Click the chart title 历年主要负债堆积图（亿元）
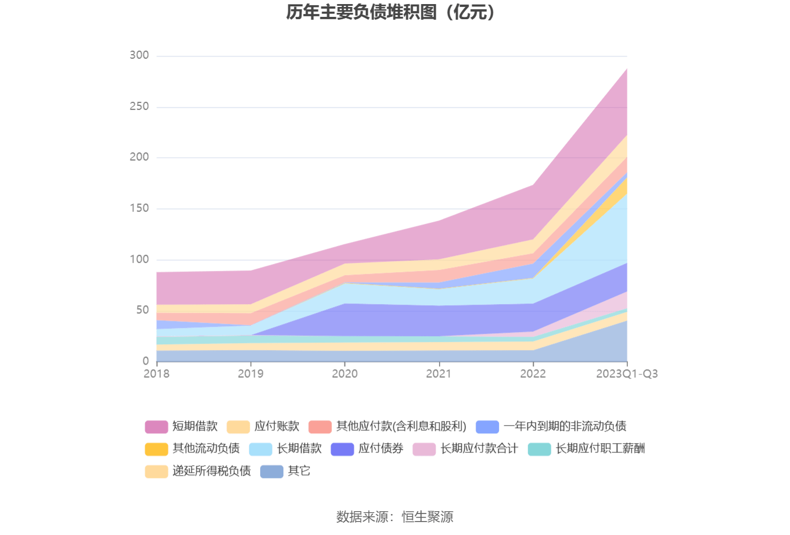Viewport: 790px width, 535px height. point(390,12)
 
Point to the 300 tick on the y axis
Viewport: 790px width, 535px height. point(139,55)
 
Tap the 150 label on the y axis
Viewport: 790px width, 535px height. point(139,208)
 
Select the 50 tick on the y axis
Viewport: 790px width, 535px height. point(142,310)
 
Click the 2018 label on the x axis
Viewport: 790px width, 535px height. point(156,374)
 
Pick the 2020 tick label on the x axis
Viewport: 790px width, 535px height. point(344,374)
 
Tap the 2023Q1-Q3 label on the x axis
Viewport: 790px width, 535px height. point(627,374)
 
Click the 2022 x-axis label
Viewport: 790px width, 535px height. point(533,374)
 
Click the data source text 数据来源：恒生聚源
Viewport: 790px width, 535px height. point(395,516)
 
